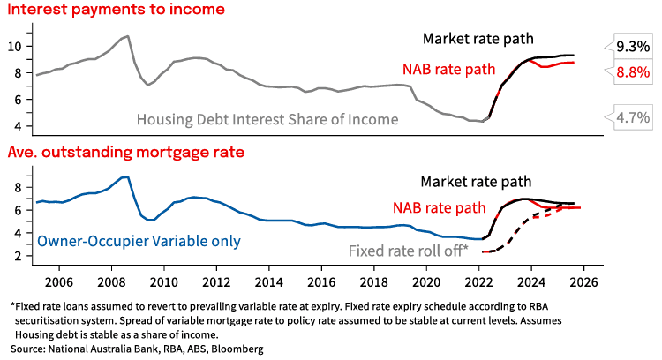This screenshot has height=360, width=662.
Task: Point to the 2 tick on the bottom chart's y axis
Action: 26,256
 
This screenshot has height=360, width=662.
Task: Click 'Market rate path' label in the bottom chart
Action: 477,182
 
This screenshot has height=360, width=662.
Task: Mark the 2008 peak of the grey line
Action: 127,36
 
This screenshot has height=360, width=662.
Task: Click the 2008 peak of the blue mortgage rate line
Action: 127,177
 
